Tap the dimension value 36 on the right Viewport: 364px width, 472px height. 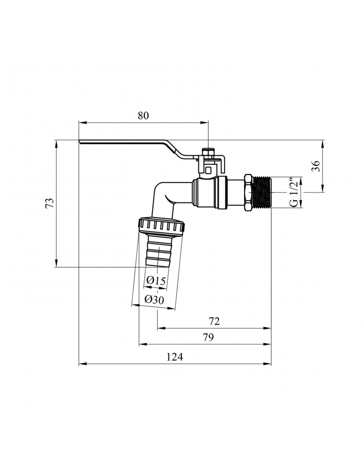click(x=316, y=166)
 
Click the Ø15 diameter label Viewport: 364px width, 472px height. click(x=156, y=281)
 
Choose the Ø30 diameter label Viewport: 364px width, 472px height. click(x=154, y=300)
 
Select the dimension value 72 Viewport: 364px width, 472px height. click(x=214, y=321)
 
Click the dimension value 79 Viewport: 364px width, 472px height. click(x=207, y=337)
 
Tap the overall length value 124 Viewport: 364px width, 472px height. click(x=175, y=357)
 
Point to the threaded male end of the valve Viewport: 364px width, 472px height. click(x=262, y=192)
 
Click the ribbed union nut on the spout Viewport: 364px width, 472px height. click(x=162, y=228)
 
